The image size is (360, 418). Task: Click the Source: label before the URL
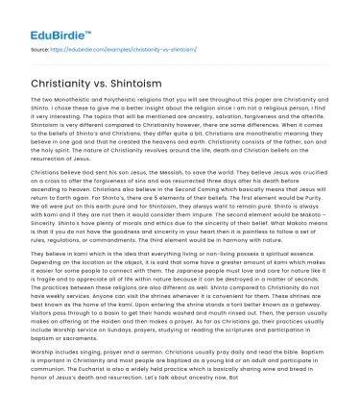(x=41, y=47)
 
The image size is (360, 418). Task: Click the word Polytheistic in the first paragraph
(x=109, y=127)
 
